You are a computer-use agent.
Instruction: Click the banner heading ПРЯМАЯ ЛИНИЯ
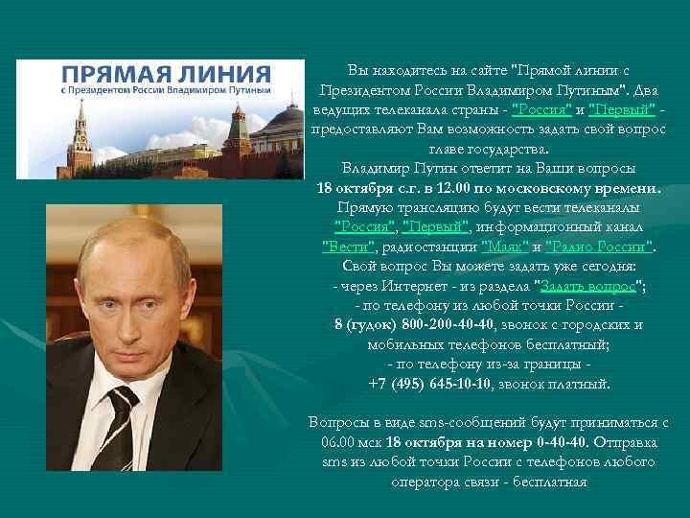coord(164,75)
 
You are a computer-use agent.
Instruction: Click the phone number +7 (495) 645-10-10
coord(431,383)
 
